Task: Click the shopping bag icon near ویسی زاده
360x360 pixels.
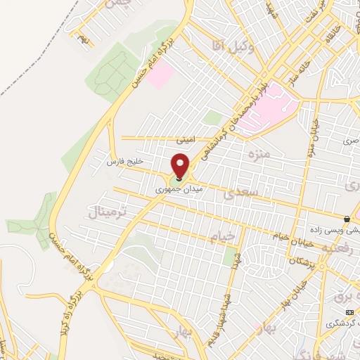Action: [347, 218]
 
